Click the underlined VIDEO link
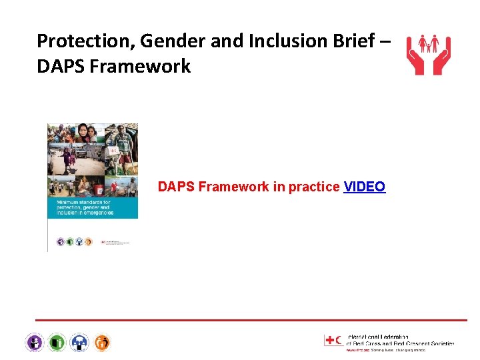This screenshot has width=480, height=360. pos(364,187)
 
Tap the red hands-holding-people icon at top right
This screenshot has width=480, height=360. pos(428,53)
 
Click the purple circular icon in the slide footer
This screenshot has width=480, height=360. pos(35,343)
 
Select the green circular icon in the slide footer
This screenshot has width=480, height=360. pos(57,343)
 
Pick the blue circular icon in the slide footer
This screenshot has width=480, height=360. pos(79,343)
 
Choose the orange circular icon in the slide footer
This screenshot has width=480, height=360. pos(102,343)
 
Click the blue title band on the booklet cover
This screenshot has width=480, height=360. pos(93,207)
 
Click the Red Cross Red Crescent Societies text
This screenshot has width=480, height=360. pos(400,343)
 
